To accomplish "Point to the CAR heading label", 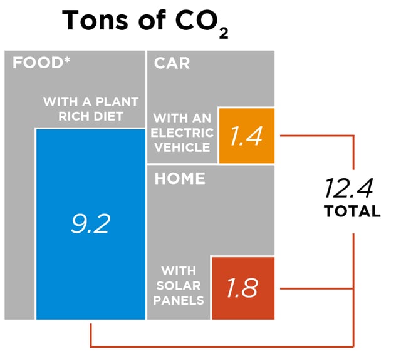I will (x=172, y=63).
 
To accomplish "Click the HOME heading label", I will (x=180, y=178).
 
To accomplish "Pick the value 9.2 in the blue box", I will (x=90, y=223).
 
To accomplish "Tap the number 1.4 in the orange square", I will (x=246, y=136).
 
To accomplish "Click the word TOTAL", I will (x=352, y=211).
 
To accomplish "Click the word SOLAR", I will (x=178, y=285).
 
